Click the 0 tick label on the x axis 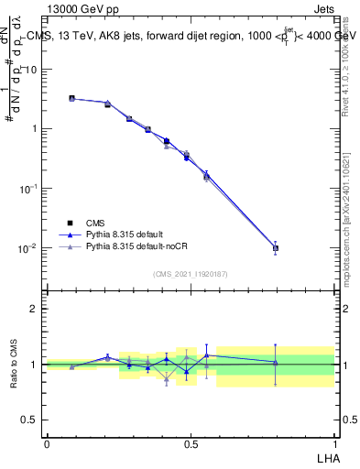click(x=47, y=443)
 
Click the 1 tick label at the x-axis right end click(x=333, y=443)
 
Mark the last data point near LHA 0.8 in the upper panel click(x=276, y=247)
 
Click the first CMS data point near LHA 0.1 click(x=71, y=98)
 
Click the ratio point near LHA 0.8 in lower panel click(x=276, y=363)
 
